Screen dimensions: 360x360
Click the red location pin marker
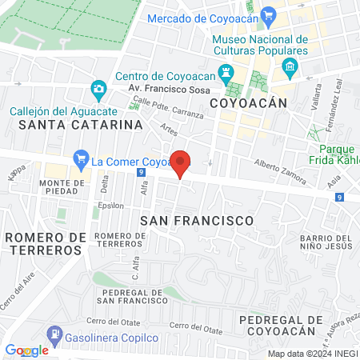181,162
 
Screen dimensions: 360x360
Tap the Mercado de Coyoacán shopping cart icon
268,14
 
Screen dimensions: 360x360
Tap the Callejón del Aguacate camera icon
98,87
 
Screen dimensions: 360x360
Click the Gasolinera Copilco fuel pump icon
53,332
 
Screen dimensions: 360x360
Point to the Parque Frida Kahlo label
335,155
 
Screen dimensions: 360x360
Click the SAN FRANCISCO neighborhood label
196,219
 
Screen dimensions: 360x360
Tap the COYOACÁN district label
247,103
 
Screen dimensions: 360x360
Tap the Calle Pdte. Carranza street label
168,109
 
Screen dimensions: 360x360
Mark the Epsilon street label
111,205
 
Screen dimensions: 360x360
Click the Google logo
26,350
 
